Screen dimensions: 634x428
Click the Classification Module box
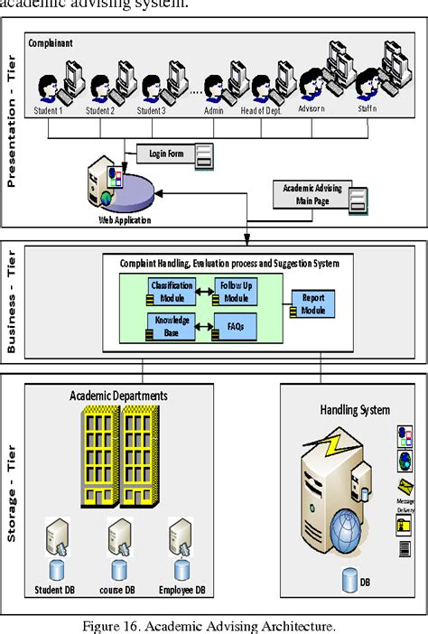172,291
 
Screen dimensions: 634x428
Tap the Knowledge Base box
172,326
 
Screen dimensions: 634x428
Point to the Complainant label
51,43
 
